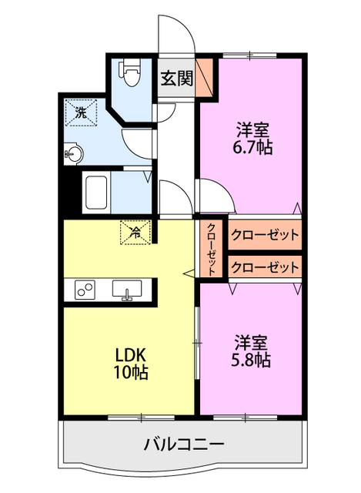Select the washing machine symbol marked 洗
(x=81, y=112)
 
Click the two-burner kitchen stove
(x=84, y=290)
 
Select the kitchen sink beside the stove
(x=128, y=290)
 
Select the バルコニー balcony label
(x=184, y=444)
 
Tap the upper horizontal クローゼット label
(x=264, y=235)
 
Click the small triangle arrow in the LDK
(x=188, y=272)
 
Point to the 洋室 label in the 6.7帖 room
(x=251, y=129)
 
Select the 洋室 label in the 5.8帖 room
(x=251, y=340)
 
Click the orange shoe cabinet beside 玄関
(x=204, y=78)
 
